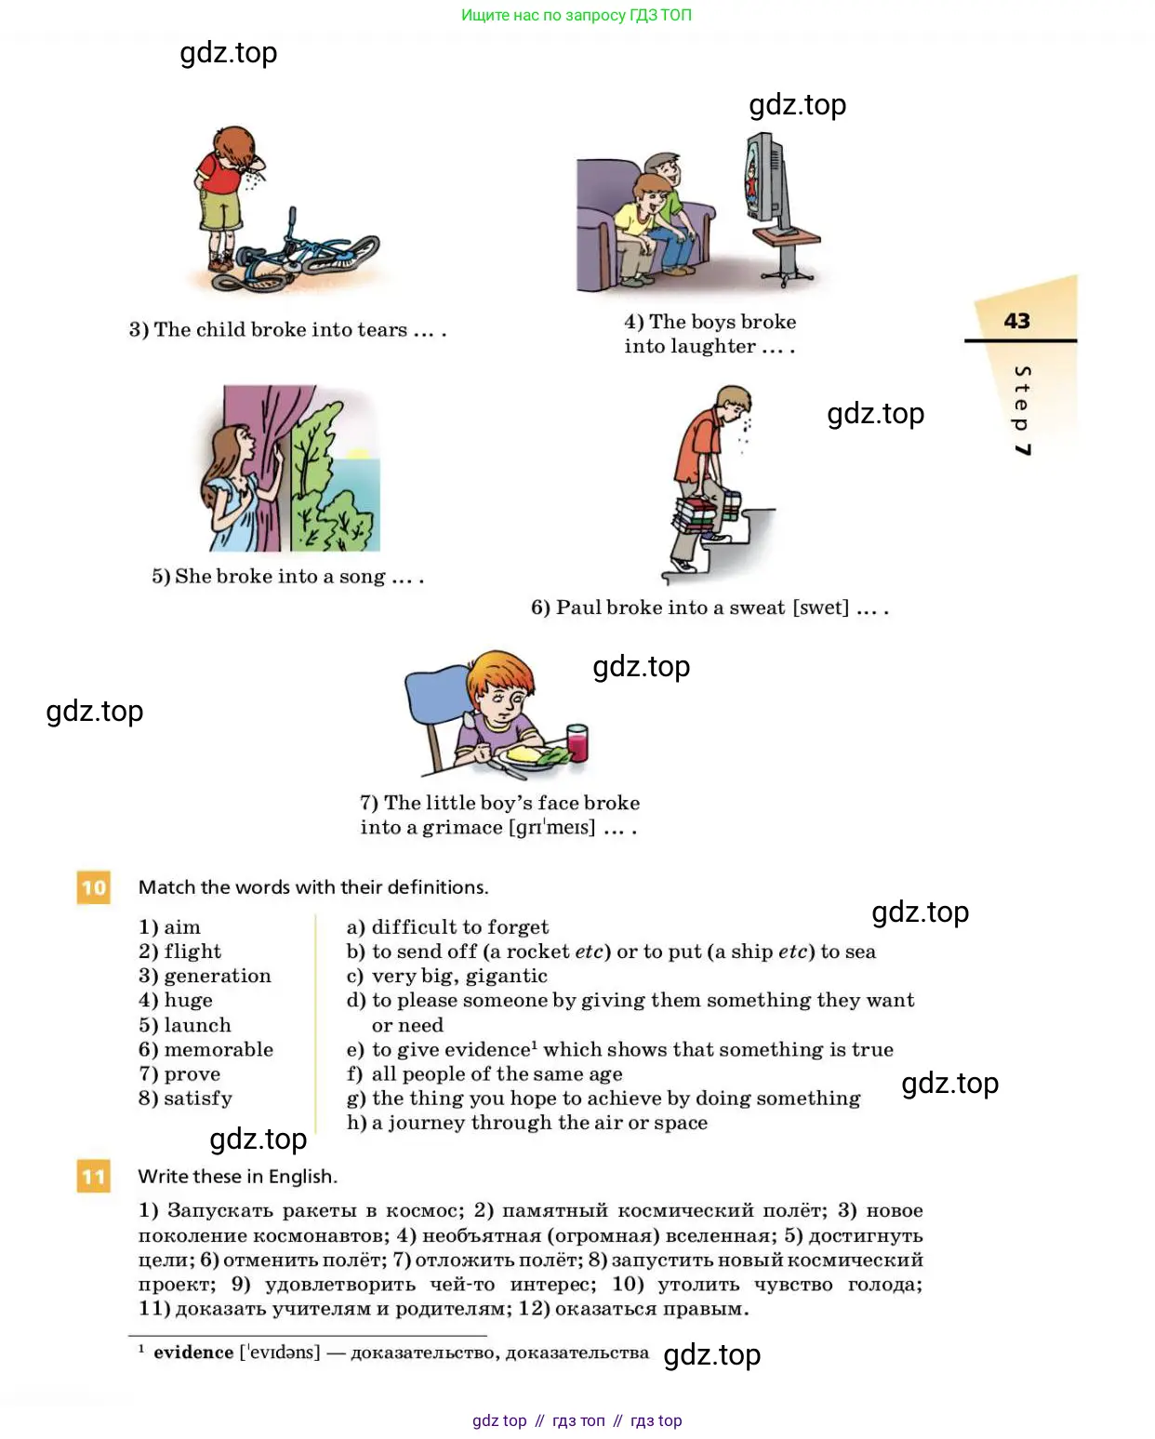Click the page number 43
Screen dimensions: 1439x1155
point(1016,321)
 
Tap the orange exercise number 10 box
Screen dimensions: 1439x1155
point(93,887)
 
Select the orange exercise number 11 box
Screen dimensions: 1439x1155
point(93,1176)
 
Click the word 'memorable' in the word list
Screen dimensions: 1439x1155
point(219,1049)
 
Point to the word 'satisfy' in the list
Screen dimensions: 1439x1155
point(198,1099)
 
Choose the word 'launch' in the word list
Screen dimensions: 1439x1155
point(197,1025)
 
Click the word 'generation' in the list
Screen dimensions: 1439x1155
point(218,976)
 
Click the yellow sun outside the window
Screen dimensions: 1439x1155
point(357,454)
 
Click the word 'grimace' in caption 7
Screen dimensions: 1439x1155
point(462,828)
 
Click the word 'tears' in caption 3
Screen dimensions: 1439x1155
point(382,329)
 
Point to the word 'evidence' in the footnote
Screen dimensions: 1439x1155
point(193,1352)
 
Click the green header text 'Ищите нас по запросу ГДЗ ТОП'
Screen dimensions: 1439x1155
point(577,15)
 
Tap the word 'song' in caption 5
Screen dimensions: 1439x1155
point(363,577)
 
